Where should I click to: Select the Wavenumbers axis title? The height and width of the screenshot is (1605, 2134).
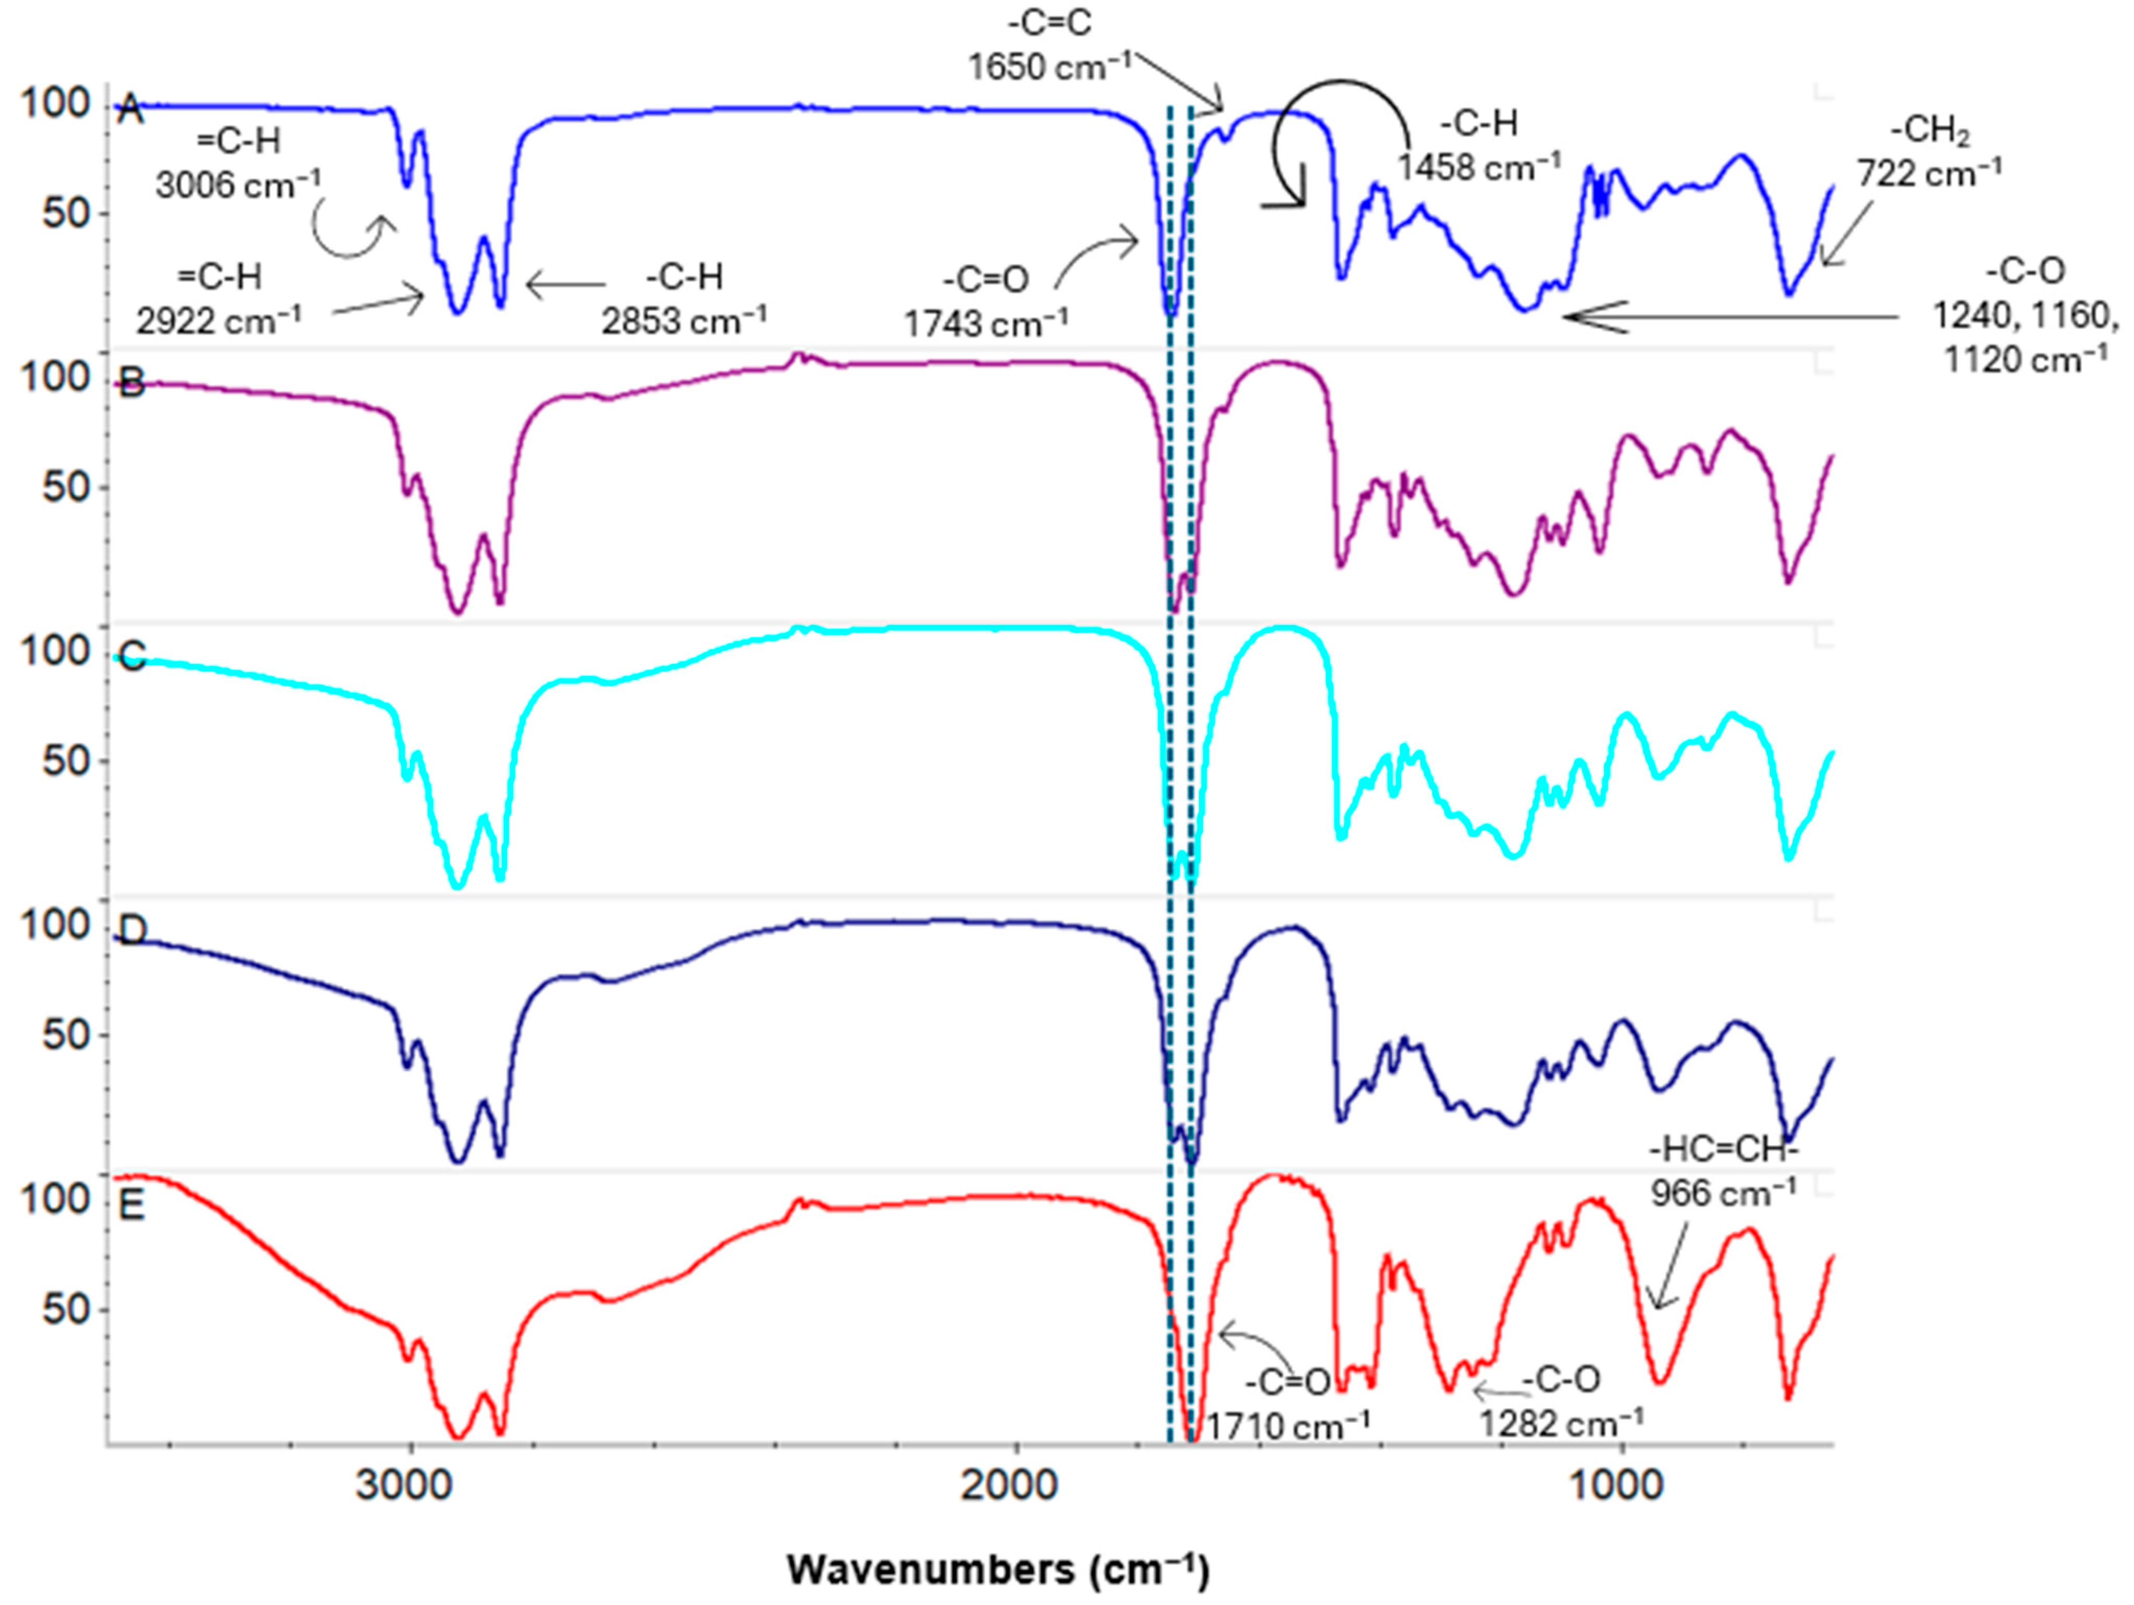tap(997, 1570)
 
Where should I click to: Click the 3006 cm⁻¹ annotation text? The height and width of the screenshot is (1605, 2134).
tap(238, 183)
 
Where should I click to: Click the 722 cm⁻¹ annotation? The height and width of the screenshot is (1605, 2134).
tap(1930, 174)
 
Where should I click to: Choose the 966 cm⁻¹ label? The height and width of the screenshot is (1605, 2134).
tap(1723, 1193)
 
